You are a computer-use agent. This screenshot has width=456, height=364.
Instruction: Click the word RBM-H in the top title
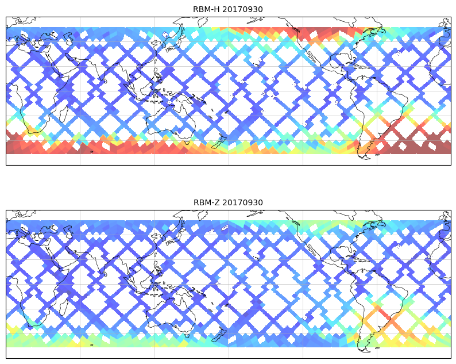(206, 9)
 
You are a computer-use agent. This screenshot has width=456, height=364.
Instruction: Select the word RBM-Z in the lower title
(206, 202)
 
